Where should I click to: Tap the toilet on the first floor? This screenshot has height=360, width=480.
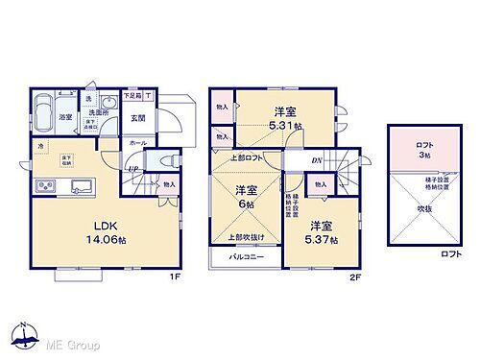[x=167, y=159]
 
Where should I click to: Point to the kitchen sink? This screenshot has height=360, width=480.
[x=79, y=184]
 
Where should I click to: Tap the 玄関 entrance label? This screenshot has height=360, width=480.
[x=137, y=119]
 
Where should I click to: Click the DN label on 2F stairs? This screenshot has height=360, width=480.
[x=317, y=159]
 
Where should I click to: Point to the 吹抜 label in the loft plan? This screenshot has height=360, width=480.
[x=422, y=205]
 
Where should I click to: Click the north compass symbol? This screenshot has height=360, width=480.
[x=21, y=335]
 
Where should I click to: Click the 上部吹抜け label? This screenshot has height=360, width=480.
[x=246, y=236]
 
